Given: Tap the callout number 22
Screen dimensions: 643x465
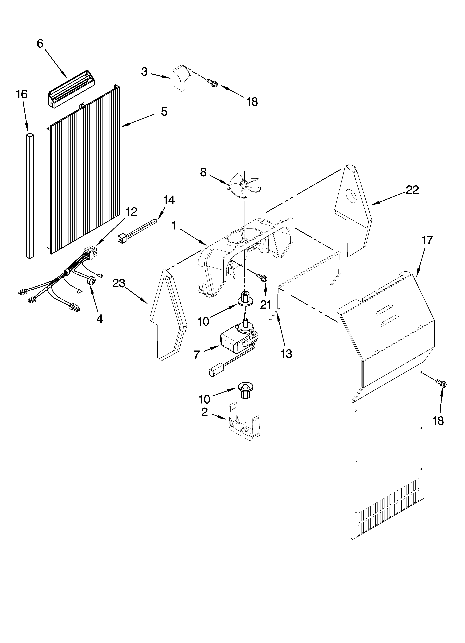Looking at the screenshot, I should (x=412, y=190).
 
